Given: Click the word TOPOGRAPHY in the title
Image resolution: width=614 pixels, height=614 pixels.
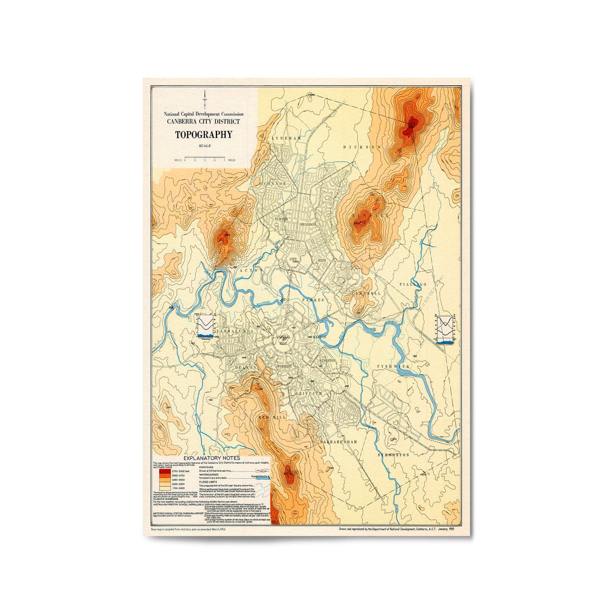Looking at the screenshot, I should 204,135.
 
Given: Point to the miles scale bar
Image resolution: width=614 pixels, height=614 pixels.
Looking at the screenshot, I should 204,160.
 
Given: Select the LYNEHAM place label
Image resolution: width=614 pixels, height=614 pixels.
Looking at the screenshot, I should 288,139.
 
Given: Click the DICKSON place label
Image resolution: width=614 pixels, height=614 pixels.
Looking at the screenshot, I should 362,147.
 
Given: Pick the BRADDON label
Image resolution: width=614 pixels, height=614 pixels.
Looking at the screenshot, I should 309,224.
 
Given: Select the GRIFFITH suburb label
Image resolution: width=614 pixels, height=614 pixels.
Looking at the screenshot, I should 309,393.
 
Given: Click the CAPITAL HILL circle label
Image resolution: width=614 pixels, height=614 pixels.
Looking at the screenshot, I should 283,340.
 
